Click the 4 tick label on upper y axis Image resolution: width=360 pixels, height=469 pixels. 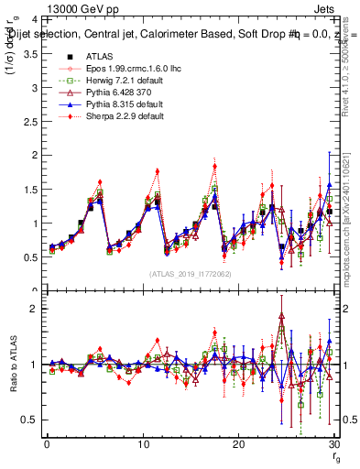pyautogui.click(x=33, y=19)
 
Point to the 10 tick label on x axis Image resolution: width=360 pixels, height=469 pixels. pyautogui.click(x=142, y=445)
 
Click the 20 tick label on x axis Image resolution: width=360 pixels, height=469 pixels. pyautogui.click(x=238, y=445)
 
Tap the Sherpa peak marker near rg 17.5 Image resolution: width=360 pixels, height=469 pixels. pyautogui.click(x=214, y=166)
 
